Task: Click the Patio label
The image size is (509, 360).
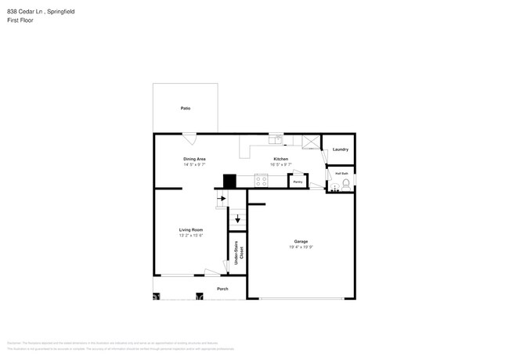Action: (186, 108)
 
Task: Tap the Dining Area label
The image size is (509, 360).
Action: (194, 159)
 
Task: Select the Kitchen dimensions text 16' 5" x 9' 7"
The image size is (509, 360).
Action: (280, 165)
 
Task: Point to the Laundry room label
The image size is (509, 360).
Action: (340, 149)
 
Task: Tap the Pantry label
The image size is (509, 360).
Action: (298, 182)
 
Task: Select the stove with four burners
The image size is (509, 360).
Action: (261, 181)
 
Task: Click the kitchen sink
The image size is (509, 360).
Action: (276, 140)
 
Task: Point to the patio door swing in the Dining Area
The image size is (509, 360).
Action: (190, 139)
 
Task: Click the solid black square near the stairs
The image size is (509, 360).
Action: (229, 181)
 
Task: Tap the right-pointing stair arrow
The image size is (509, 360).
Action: (222, 199)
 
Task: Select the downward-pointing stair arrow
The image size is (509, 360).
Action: (237, 219)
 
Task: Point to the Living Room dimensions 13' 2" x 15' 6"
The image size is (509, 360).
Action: (191, 236)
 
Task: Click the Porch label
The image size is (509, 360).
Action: (222, 288)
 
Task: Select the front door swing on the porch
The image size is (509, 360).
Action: (211, 272)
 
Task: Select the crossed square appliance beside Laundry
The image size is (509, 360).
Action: (311, 142)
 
